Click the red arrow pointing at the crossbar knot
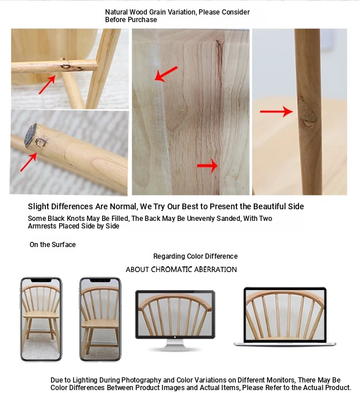(47, 84)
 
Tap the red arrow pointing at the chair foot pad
(28, 162)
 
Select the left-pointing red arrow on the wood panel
(166, 74)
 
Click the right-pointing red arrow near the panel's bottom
(207, 166)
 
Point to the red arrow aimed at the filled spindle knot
(276, 111)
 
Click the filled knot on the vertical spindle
(307, 113)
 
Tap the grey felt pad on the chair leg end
(30, 135)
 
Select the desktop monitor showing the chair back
(175, 320)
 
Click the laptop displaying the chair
(285, 317)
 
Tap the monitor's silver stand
(175, 345)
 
